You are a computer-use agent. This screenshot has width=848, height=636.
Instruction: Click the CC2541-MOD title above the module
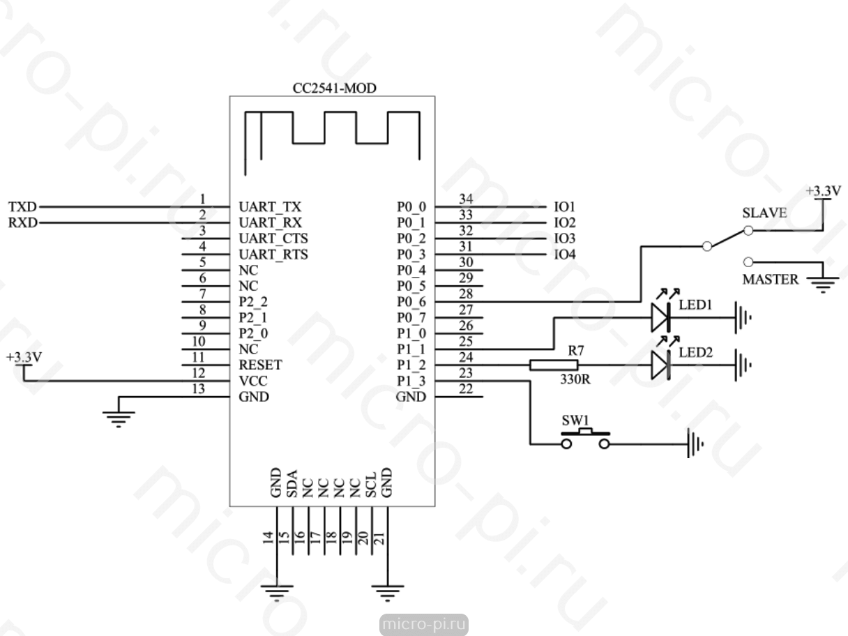point(334,89)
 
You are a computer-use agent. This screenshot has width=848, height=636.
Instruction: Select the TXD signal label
point(22,207)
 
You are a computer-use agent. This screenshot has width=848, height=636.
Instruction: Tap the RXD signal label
point(23,223)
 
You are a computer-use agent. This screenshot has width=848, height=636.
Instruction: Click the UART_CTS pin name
point(273,238)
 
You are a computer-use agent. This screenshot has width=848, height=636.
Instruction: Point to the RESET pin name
point(260,365)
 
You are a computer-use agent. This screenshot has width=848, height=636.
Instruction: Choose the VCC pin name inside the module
point(252,381)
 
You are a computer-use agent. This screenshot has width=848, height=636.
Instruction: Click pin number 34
point(466,199)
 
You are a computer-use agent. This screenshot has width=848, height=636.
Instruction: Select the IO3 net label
point(564,238)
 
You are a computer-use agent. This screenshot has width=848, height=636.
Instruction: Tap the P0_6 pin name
point(411,302)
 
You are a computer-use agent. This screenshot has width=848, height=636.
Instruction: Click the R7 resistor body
point(554,365)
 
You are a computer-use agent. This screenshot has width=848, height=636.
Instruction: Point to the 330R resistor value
point(575,379)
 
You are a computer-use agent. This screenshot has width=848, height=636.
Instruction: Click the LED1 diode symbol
point(660,317)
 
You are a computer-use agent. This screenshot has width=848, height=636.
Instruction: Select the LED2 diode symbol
point(660,365)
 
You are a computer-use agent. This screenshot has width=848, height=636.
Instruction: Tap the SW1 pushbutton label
point(575,420)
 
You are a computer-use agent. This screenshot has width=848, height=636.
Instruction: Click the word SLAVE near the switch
point(764,213)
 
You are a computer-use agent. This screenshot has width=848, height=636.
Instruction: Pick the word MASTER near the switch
point(770,279)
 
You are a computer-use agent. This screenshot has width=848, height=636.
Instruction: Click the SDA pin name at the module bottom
point(292,483)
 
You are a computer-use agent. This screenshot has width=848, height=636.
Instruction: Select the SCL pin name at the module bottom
point(370,485)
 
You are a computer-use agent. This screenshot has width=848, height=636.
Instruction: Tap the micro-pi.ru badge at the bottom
point(424,624)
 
